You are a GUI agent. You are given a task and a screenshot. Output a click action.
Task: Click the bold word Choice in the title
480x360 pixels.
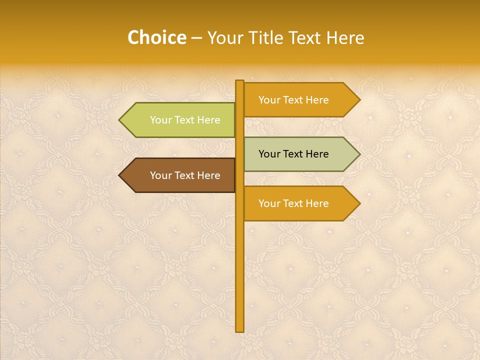point(156,38)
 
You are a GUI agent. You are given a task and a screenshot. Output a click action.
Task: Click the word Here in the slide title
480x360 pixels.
point(345,38)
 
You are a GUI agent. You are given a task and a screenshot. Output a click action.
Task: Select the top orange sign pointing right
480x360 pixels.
point(300,100)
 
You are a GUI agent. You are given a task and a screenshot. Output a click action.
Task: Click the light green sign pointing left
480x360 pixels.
point(180,120)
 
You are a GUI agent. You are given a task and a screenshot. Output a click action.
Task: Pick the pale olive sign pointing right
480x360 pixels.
point(300,154)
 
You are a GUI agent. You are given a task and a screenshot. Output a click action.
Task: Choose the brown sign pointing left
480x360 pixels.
point(180,175)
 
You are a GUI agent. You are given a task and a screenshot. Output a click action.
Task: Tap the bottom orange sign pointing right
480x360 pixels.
point(300,203)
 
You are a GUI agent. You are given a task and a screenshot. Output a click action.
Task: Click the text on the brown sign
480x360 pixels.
point(185,175)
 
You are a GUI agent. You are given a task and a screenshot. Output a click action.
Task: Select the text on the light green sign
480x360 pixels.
point(185,120)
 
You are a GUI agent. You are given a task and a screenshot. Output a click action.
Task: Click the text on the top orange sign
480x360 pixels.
point(293,100)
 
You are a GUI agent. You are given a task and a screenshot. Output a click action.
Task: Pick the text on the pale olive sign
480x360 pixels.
point(293,154)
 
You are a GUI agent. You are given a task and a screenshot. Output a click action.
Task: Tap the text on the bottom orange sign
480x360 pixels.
point(293,203)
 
